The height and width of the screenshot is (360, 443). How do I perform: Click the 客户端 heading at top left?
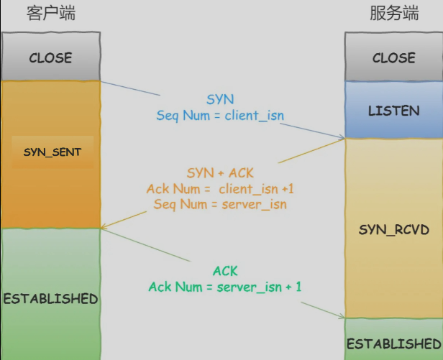tap(50, 14)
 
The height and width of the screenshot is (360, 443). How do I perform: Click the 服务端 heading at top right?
tap(393, 14)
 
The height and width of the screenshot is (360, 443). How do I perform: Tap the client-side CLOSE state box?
tap(50, 57)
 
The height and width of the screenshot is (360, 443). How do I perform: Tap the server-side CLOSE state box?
tap(393, 57)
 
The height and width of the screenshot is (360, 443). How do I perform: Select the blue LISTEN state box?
tap(393, 111)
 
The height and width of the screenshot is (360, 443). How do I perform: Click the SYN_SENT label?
tap(52, 152)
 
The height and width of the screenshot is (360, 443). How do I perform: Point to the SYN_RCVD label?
tap(393, 229)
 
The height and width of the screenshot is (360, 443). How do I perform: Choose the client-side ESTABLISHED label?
tap(50, 298)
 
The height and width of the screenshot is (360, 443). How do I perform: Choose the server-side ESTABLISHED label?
tap(393, 343)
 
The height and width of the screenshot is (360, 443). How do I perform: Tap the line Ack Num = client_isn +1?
tap(220, 189)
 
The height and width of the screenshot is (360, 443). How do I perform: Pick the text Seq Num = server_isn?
tap(220, 204)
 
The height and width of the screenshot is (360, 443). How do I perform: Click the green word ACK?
tap(225, 271)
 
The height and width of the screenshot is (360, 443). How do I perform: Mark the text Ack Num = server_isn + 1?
tap(225, 287)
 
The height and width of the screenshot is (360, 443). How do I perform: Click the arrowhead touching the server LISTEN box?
tap(341, 137)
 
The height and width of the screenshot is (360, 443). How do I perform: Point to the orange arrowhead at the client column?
tap(105, 228)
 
